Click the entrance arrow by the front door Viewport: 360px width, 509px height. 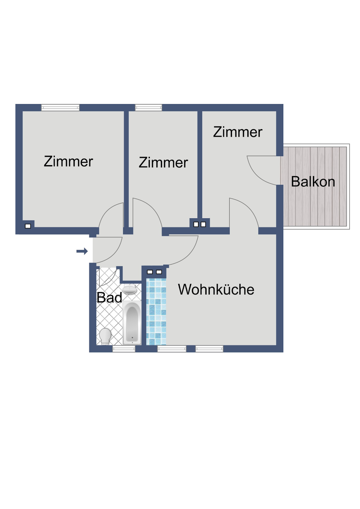click(82, 251)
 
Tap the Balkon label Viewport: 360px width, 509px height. click(313, 182)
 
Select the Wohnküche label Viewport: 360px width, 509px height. click(216, 290)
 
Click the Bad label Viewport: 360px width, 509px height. click(109, 298)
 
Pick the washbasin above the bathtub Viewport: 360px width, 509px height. click(130, 289)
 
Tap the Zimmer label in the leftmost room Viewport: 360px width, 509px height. click(68, 162)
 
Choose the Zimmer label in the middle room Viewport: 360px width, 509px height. click(163, 163)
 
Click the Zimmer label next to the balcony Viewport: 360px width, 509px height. click(238, 132)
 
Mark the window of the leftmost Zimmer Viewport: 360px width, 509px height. click(60, 107)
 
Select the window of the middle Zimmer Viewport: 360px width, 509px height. click(148, 107)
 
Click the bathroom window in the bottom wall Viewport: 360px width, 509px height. click(123, 349)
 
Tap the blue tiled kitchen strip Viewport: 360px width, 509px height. click(156, 312)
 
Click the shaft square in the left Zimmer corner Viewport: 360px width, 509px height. click(28, 226)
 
